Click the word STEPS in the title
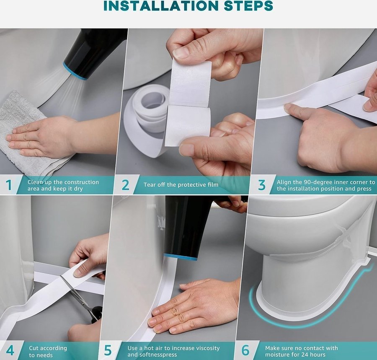[x=248, y=6]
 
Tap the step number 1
[x=9, y=185]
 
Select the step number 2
[x=126, y=185]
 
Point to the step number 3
[x=262, y=185]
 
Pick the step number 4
[x=10, y=350]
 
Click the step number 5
[x=108, y=350]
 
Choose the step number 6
[x=245, y=350]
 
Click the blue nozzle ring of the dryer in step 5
[x=180, y=256]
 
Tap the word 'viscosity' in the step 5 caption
[x=208, y=348]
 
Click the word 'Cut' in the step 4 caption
[x=34, y=348]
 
